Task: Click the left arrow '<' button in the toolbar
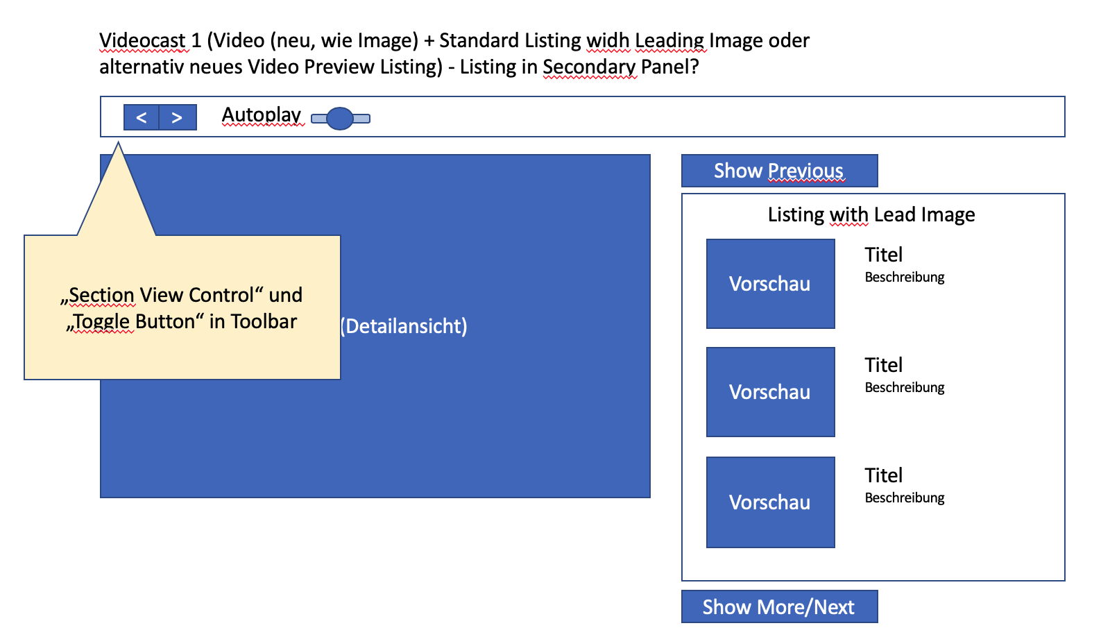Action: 142,117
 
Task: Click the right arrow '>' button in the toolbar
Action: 178,117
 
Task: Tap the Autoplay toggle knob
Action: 340,119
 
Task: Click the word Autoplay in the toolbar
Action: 262,114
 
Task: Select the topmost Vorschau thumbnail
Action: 770,284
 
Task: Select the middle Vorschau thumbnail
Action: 770,392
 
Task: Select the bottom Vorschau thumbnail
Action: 770,502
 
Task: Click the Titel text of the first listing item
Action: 883,255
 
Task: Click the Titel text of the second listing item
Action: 883,365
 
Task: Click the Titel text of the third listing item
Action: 883,475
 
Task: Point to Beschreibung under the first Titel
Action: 905,277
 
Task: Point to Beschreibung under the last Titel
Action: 905,498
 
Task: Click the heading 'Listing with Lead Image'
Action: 871,214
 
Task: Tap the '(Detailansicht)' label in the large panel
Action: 404,326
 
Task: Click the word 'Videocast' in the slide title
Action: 143,40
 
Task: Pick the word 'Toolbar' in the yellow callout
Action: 264,321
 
